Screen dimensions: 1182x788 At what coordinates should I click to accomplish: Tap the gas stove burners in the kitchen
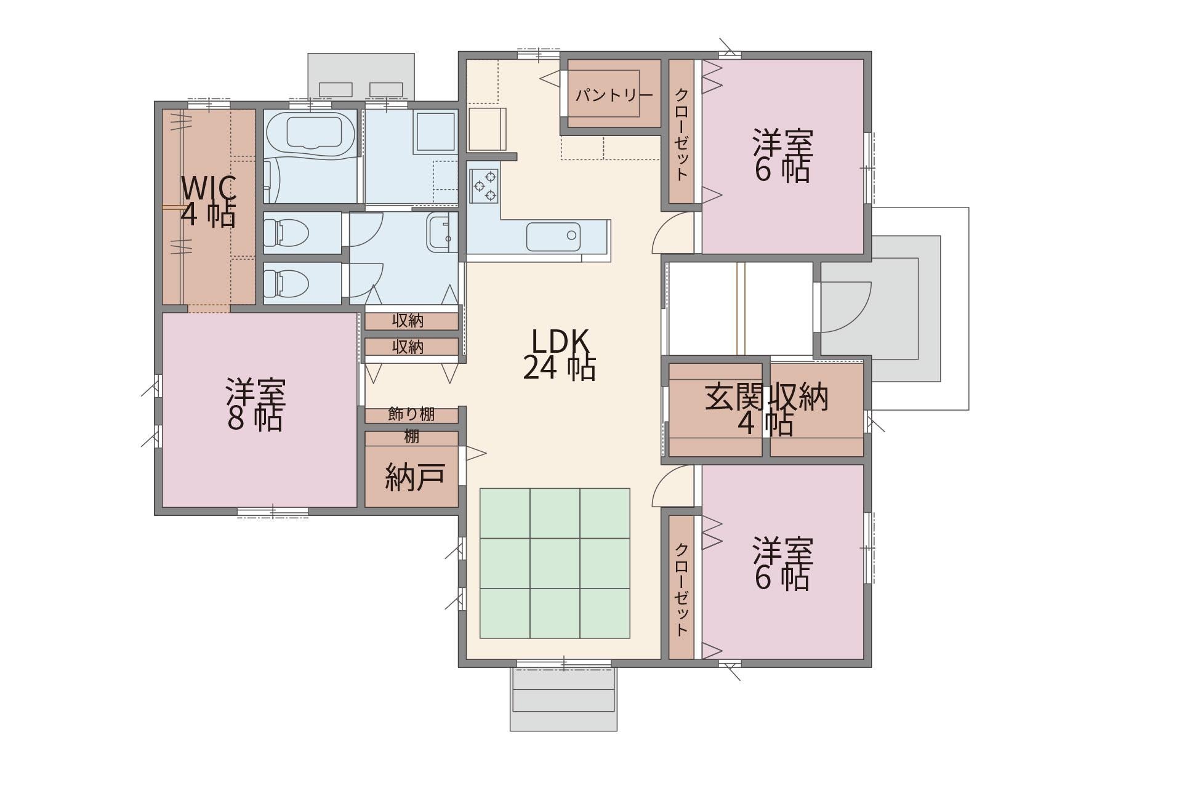coord(484,185)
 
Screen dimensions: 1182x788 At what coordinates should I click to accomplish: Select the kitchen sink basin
coord(553,236)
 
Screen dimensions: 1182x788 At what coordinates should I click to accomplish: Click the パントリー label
coord(614,96)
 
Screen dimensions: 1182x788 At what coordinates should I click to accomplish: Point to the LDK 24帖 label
coord(559,355)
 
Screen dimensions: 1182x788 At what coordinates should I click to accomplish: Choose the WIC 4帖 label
coord(208,201)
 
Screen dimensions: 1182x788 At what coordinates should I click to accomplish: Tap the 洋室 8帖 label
coord(255,404)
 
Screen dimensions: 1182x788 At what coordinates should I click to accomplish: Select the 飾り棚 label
coord(411,414)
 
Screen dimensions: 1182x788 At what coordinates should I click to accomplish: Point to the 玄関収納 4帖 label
coord(766,409)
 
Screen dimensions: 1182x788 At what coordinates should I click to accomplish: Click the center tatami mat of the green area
coord(555,563)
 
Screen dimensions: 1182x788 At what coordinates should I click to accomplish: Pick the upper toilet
coord(286,232)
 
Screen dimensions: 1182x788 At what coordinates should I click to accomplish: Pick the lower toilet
coord(286,283)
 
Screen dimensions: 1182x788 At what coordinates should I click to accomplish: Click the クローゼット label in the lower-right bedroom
coord(681,589)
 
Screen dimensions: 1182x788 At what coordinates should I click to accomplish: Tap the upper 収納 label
coord(408,321)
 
